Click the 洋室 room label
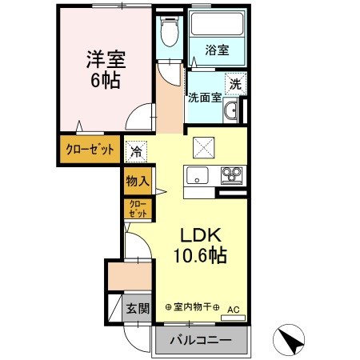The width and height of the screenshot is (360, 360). pos(105,59)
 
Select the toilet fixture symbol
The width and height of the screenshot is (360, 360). pos(167,34)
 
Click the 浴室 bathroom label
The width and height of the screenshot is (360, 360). pos(217,50)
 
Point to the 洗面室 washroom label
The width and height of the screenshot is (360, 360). pos(204,98)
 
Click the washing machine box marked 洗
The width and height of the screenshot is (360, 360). pos(234,82)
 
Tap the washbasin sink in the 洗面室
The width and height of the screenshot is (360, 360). pos(230,112)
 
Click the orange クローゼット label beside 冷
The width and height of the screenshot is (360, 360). pos(89,150)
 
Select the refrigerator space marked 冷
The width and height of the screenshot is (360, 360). pos(136,150)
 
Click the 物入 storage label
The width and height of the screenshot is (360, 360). pos(136,181)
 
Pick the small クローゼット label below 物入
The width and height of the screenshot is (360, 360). pos(136,209)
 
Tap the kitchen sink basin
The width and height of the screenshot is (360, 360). pos(196,175)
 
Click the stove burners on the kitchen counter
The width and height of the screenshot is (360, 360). pos(231,174)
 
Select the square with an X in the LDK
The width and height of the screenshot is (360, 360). pos(202,146)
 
